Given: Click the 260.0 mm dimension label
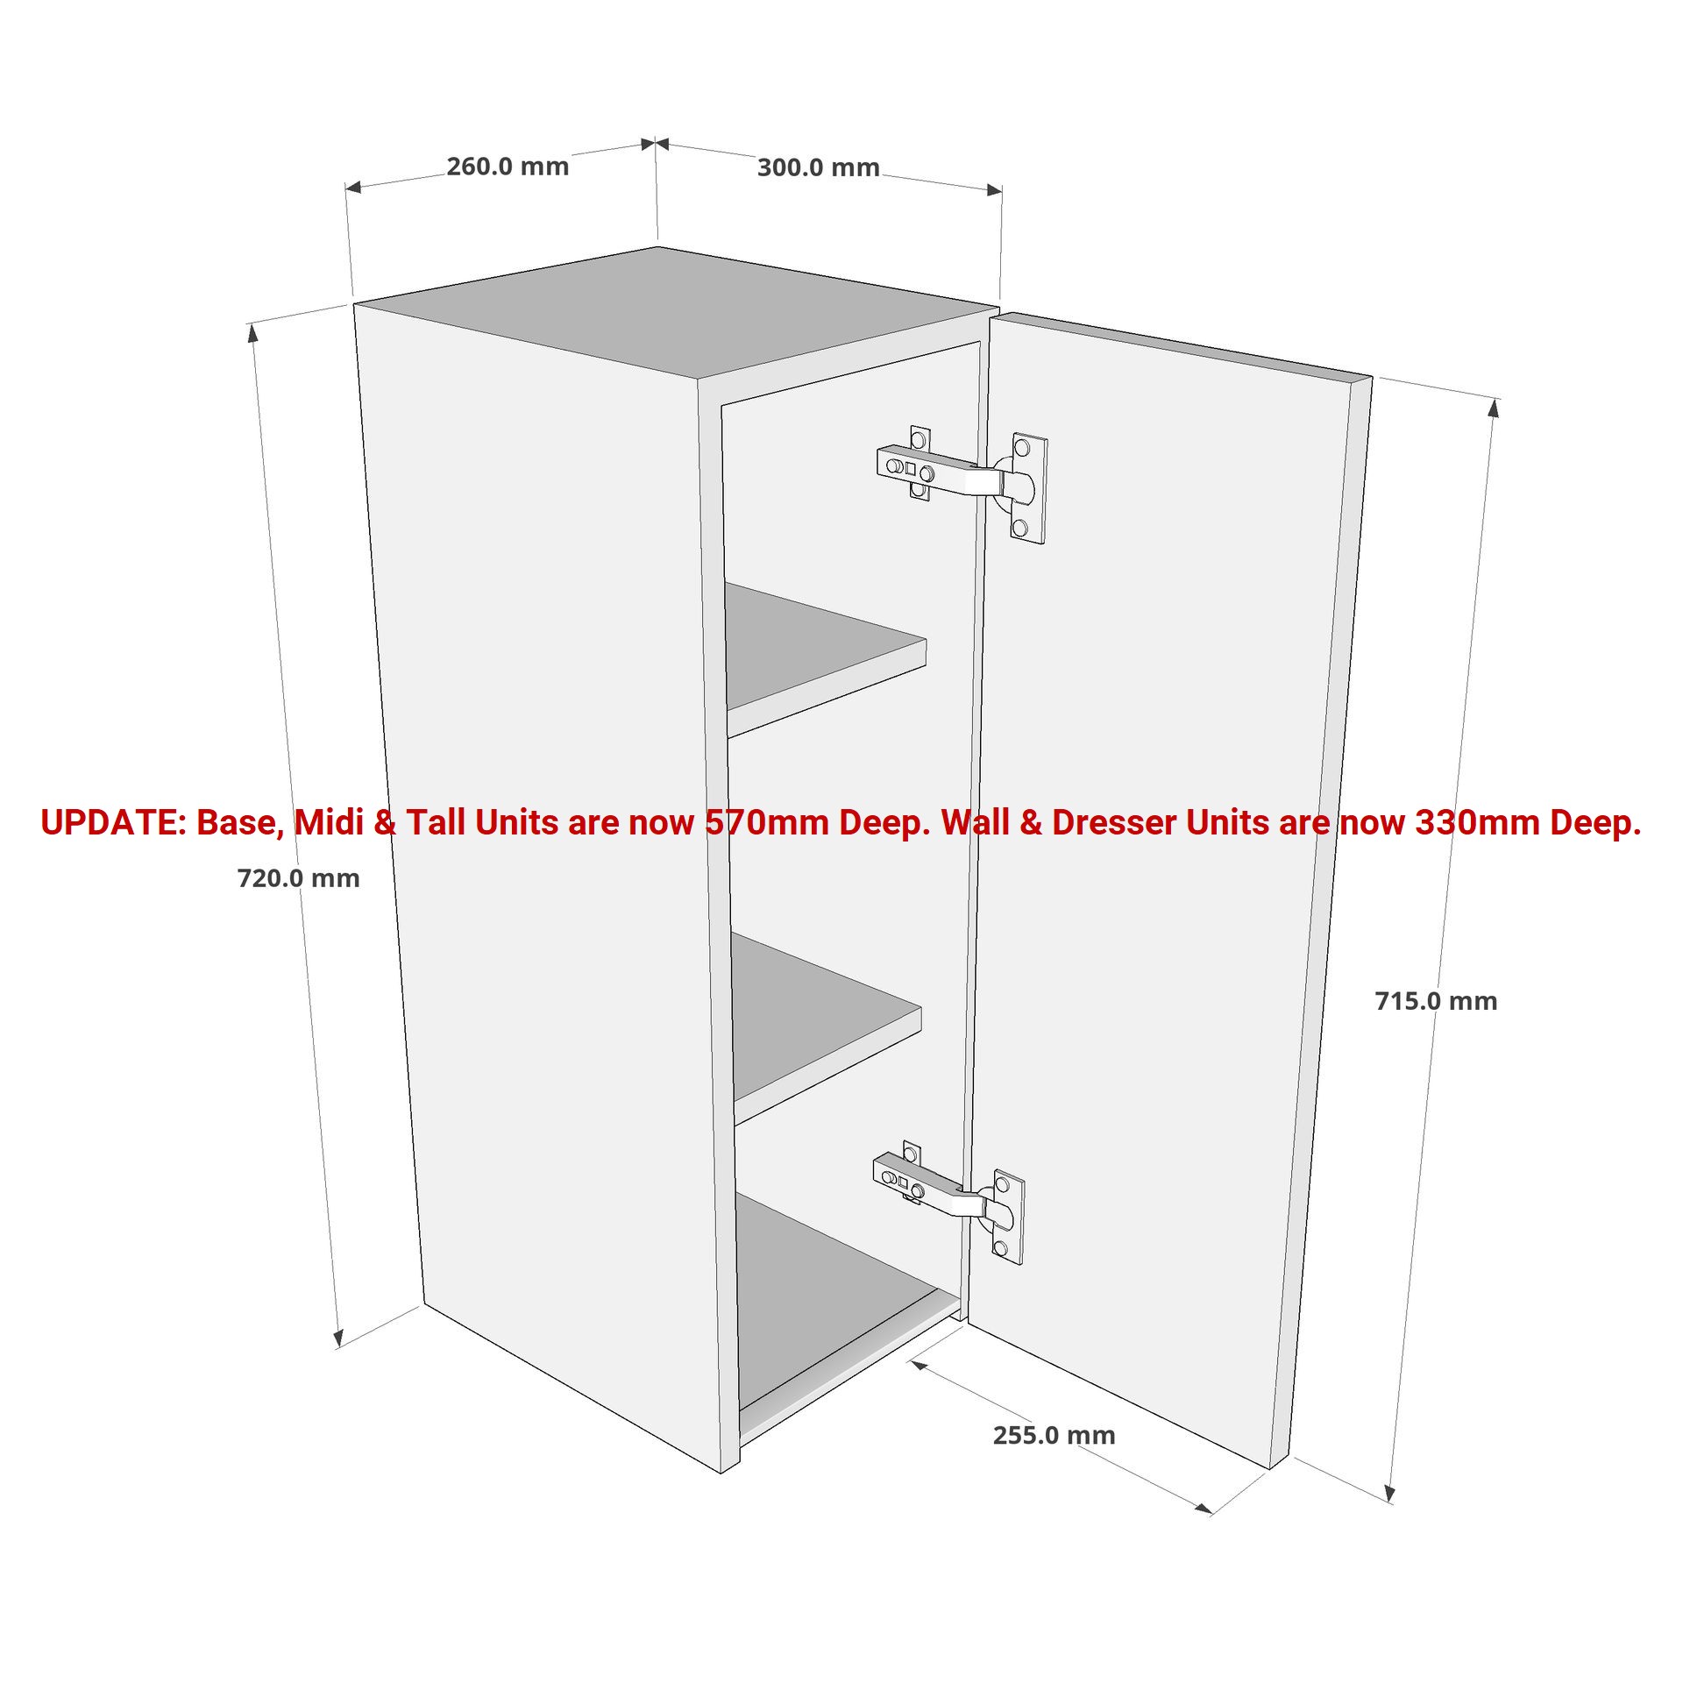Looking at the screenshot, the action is coord(508,166).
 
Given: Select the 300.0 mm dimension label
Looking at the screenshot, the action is coord(818,167).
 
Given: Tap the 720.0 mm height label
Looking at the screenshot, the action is coord(298,877).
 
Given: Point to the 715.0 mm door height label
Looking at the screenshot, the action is coord(1436,1001).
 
